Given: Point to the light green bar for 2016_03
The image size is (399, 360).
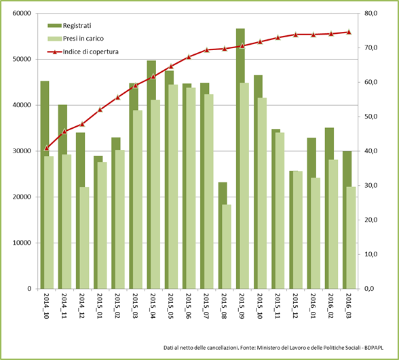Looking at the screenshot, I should click(351, 237).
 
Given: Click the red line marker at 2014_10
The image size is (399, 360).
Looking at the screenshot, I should click(46, 148).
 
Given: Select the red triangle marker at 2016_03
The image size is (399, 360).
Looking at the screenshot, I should click(349, 32).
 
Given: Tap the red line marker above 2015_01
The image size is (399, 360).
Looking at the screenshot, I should click(100, 109).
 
